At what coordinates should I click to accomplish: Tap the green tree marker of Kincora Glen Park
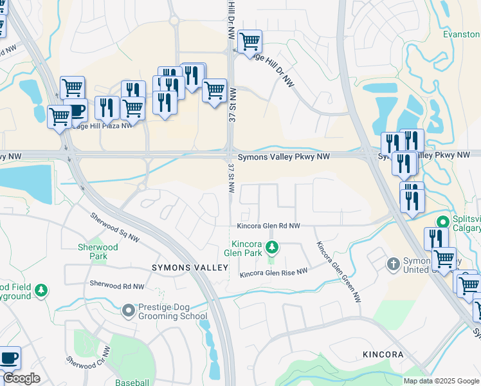(272, 247)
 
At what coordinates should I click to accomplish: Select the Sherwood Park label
(98, 252)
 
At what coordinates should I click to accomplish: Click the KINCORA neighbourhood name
(382, 354)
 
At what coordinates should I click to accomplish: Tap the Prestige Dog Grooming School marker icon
(129, 311)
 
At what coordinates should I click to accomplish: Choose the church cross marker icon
(394, 264)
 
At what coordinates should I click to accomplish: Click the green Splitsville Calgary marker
(442, 222)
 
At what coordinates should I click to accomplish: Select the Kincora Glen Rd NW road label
(268, 226)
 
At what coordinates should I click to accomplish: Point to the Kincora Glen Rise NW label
(273, 273)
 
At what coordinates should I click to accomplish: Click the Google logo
(21, 378)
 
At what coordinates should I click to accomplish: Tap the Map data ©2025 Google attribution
(440, 381)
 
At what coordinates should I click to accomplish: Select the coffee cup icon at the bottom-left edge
(9, 358)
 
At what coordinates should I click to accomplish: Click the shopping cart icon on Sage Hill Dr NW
(250, 42)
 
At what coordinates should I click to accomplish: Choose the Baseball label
(132, 382)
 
